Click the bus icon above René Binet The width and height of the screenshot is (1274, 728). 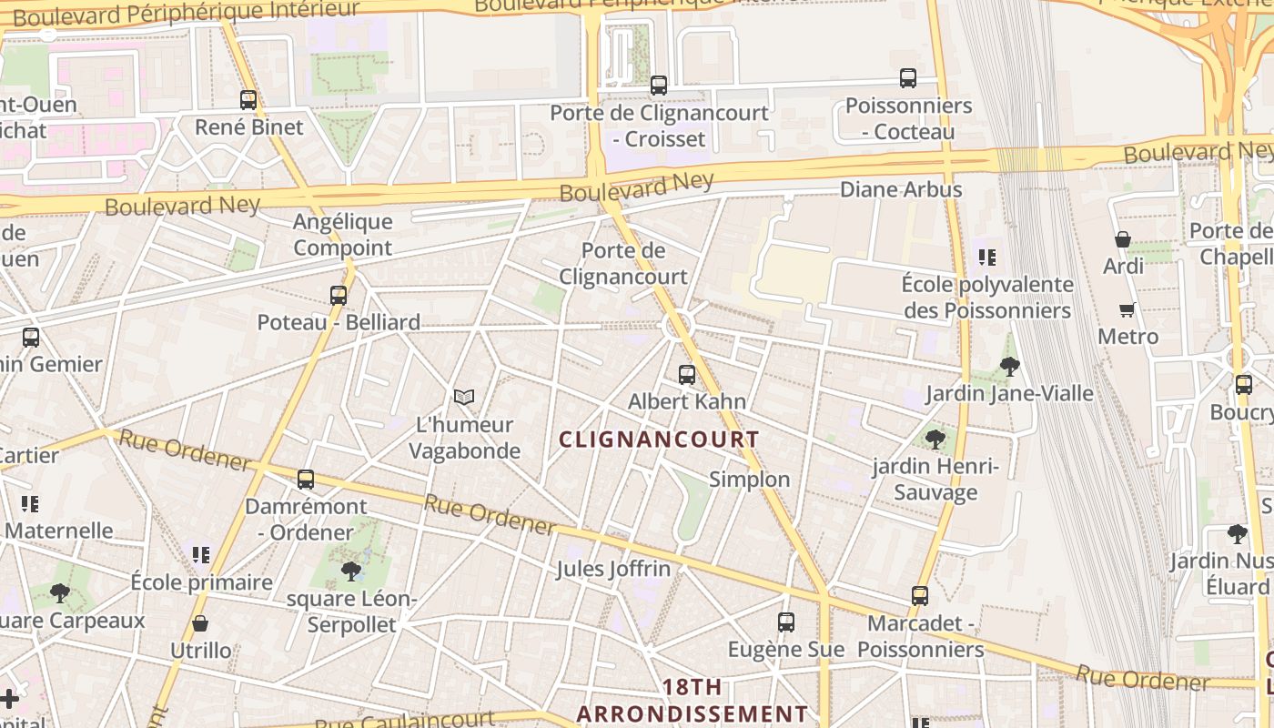(248, 100)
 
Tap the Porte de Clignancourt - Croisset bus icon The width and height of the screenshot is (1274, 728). (659, 86)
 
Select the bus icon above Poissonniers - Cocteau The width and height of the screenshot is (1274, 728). (908, 78)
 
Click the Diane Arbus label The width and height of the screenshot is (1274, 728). (901, 190)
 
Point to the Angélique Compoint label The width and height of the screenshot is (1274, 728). (343, 235)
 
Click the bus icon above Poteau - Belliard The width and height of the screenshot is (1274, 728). (339, 295)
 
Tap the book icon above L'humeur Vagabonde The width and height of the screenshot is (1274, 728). (464, 397)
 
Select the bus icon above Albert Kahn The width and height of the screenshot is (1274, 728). (687, 374)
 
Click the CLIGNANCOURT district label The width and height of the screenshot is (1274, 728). (659, 440)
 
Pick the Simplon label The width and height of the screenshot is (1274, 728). (750, 480)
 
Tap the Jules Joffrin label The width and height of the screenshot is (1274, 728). (613, 570)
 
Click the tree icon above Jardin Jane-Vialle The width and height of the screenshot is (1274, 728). (1009, 367)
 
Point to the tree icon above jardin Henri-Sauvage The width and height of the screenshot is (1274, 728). (935, 440)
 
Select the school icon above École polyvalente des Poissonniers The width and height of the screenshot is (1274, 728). (987, 258)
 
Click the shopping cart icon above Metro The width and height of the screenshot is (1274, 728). (1127, 309)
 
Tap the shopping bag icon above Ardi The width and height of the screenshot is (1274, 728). (1123, 239)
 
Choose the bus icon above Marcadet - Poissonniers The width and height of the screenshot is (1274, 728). (920, 596)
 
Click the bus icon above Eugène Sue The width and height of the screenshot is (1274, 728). (786, 622)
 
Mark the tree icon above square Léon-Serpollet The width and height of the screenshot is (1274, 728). (350, 571)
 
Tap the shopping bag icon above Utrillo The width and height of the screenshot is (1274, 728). (200, 623)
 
